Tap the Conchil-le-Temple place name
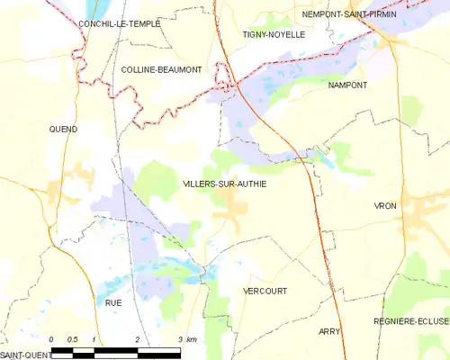click(119, 23)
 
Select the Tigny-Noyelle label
click(274, 34)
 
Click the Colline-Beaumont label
click(162, 68)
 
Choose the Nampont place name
click(348, 84)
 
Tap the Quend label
click(63, 129)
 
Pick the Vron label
click(385, 206)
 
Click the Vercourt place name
click(265, 291)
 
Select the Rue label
click(113, 303)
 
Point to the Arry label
click(329, 331)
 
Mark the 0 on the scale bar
click(52, 339)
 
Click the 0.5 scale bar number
click(73, 339)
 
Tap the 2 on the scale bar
click(137, 339)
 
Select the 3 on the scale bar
click(180, 339)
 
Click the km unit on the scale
click(193, 339)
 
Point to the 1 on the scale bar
click(94, 339)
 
